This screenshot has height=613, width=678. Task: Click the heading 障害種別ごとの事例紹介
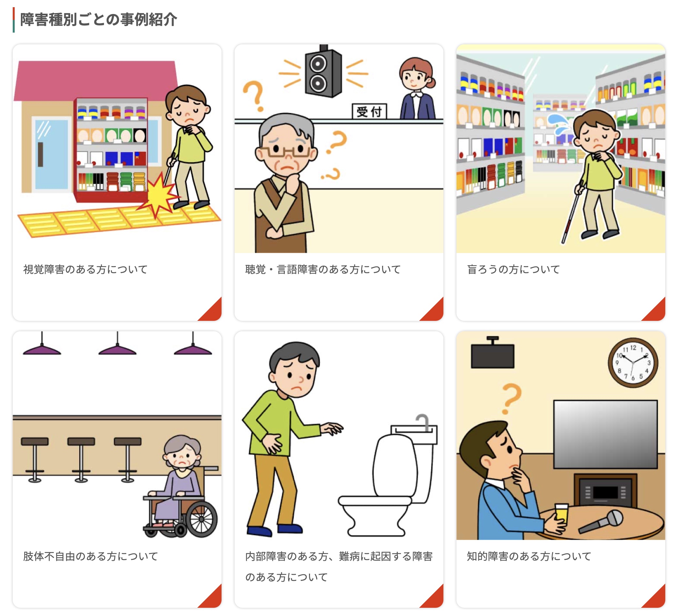[98, 20]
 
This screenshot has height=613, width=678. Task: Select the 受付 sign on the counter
[369, 111]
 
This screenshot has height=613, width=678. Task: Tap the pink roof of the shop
[96, 81]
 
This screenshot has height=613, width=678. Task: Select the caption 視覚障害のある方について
[85, 270]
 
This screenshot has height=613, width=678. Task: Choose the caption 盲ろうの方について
[513, 270]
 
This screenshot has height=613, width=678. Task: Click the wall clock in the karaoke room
[633, 363]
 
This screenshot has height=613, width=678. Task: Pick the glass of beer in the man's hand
[561, 515]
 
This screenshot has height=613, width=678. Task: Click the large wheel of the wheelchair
[201, 519]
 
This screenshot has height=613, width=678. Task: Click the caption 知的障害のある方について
[529, 557]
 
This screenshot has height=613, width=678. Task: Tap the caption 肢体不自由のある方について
[90, 557]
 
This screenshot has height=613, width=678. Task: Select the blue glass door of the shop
[52, 154]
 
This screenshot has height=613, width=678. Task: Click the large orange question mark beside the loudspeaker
[254, 96]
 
